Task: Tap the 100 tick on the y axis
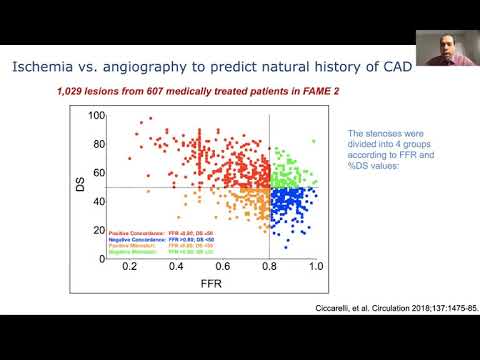coord(96,116)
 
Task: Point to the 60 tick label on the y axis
coord(99,173)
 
